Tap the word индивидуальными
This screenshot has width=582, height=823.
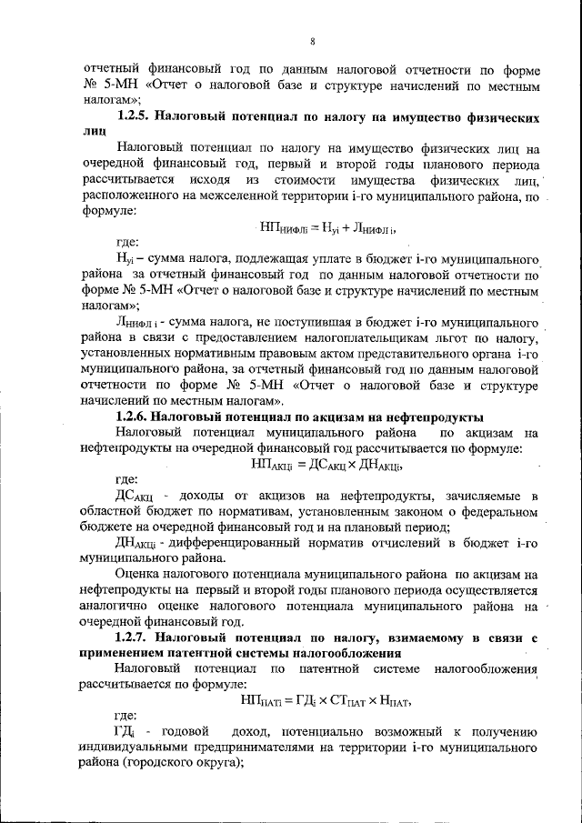tap(164, 748)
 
